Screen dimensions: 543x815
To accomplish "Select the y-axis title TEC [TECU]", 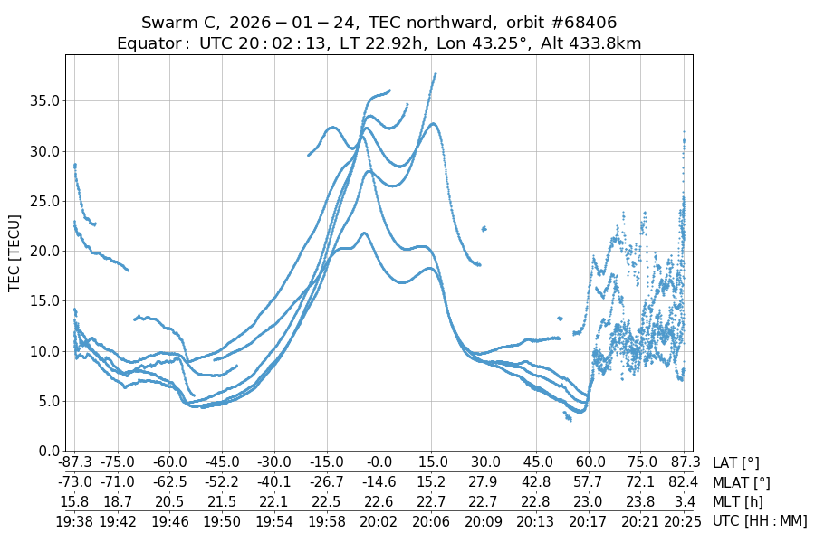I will (x=14, y=252).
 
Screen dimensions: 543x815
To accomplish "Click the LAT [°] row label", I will (x=736, y=463).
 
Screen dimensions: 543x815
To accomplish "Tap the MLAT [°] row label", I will (x=743, y=482).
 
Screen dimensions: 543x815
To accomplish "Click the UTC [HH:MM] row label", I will (x=760, y=520).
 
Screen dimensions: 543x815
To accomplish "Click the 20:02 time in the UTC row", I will (x=379, y=520).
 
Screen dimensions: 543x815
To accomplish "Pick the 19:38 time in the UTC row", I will (x=74, y=520).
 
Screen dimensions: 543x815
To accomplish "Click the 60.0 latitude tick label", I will (x=590, y=463).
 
